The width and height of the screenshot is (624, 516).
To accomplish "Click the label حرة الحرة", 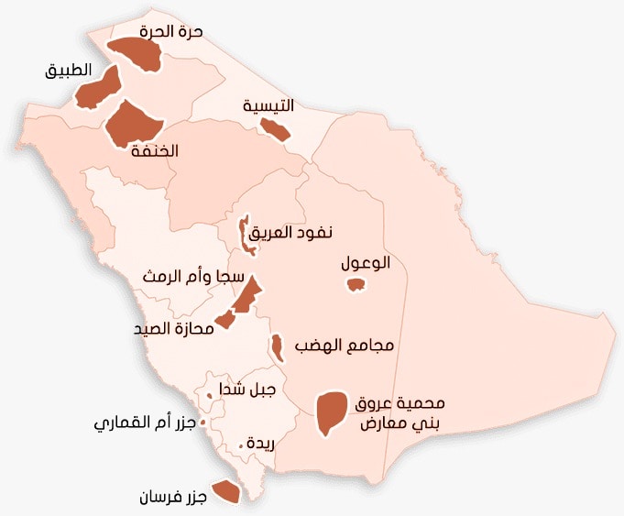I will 171,31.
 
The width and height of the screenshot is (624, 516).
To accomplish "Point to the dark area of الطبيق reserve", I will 99,88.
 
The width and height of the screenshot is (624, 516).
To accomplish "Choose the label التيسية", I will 268,105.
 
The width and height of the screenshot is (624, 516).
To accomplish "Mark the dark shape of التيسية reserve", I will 275,129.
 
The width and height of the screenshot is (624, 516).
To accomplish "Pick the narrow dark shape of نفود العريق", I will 245,235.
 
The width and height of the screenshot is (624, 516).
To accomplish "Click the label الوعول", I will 366,263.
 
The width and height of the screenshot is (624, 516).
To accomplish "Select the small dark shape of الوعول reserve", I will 356,285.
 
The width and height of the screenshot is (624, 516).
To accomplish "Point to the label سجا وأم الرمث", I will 193,276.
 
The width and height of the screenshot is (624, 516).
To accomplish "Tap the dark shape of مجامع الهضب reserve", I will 275,347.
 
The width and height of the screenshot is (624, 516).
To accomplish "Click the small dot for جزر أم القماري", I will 203,422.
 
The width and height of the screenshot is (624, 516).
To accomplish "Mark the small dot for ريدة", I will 241,445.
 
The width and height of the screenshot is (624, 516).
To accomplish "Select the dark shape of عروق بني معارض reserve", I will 330,412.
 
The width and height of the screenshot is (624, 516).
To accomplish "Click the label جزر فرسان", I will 172,497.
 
